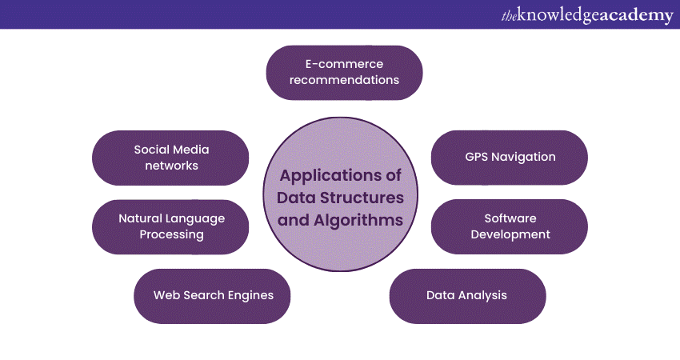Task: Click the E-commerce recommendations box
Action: point(344,72)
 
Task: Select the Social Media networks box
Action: point(170,157)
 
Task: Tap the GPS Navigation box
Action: point(510,157)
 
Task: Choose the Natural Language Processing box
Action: point(170,226)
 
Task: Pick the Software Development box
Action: point(510,226)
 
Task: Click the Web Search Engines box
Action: point(212,295)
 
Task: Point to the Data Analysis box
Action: point(467,295)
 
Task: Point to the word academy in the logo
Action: point(631,15)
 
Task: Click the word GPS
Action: point(477,157)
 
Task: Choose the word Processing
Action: point(171,234)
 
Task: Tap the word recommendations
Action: point(344,80)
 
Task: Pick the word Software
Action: point(510,218)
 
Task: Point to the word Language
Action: point(195,218)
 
